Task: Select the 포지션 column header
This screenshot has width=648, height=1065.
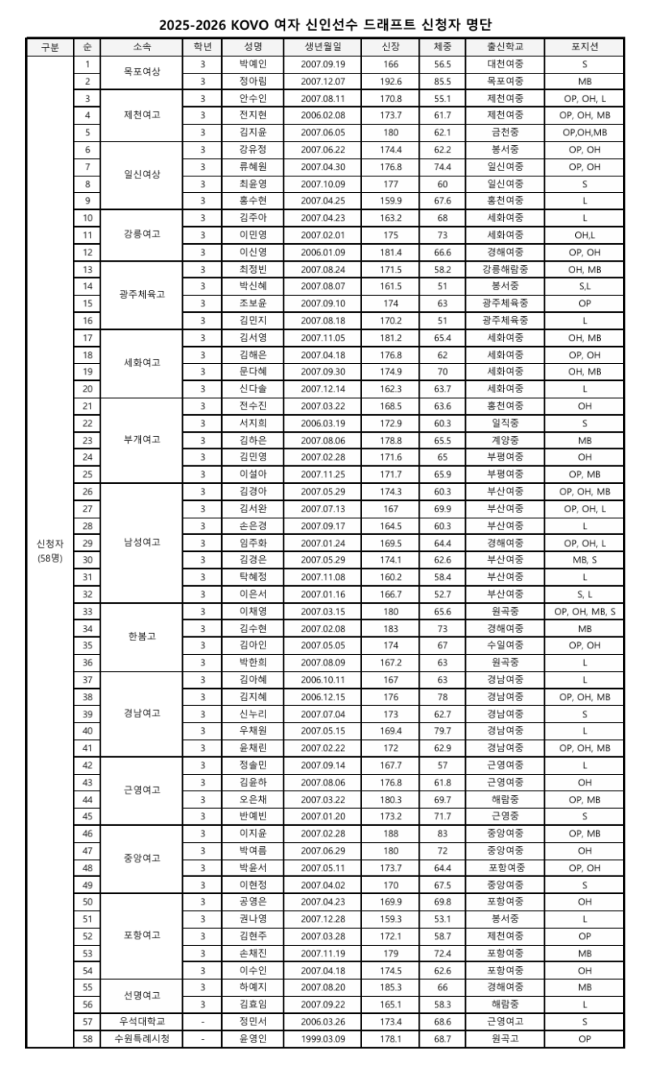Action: click(584, 47)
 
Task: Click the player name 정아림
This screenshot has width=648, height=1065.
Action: click(253, 81)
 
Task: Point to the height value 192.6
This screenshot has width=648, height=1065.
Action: click(391, 81)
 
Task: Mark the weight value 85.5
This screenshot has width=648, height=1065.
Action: click(442, 81)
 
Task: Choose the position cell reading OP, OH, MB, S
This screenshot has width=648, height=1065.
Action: click(584, 611)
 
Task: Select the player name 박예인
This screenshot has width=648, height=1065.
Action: click(253, 63)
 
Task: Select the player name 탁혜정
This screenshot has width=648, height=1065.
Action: click(253, 577)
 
